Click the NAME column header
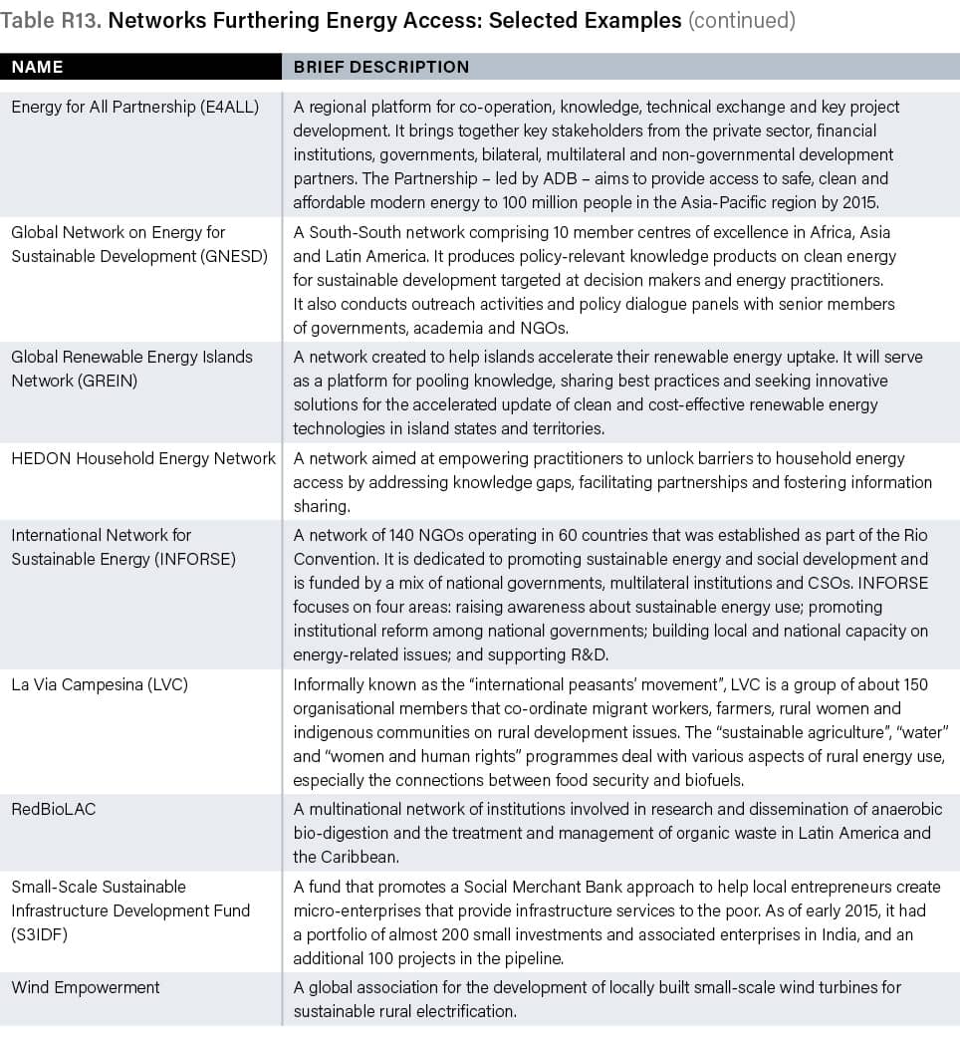37,67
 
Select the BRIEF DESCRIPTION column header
380,67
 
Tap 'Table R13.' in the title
50,20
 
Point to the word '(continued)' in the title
742,20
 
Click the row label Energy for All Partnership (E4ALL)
134,107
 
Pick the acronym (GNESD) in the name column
231,255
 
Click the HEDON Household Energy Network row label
143,458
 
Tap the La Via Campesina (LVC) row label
100,684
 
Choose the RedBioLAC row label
54,808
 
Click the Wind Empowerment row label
86,987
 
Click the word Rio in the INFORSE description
912,535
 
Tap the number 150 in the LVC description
912,684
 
